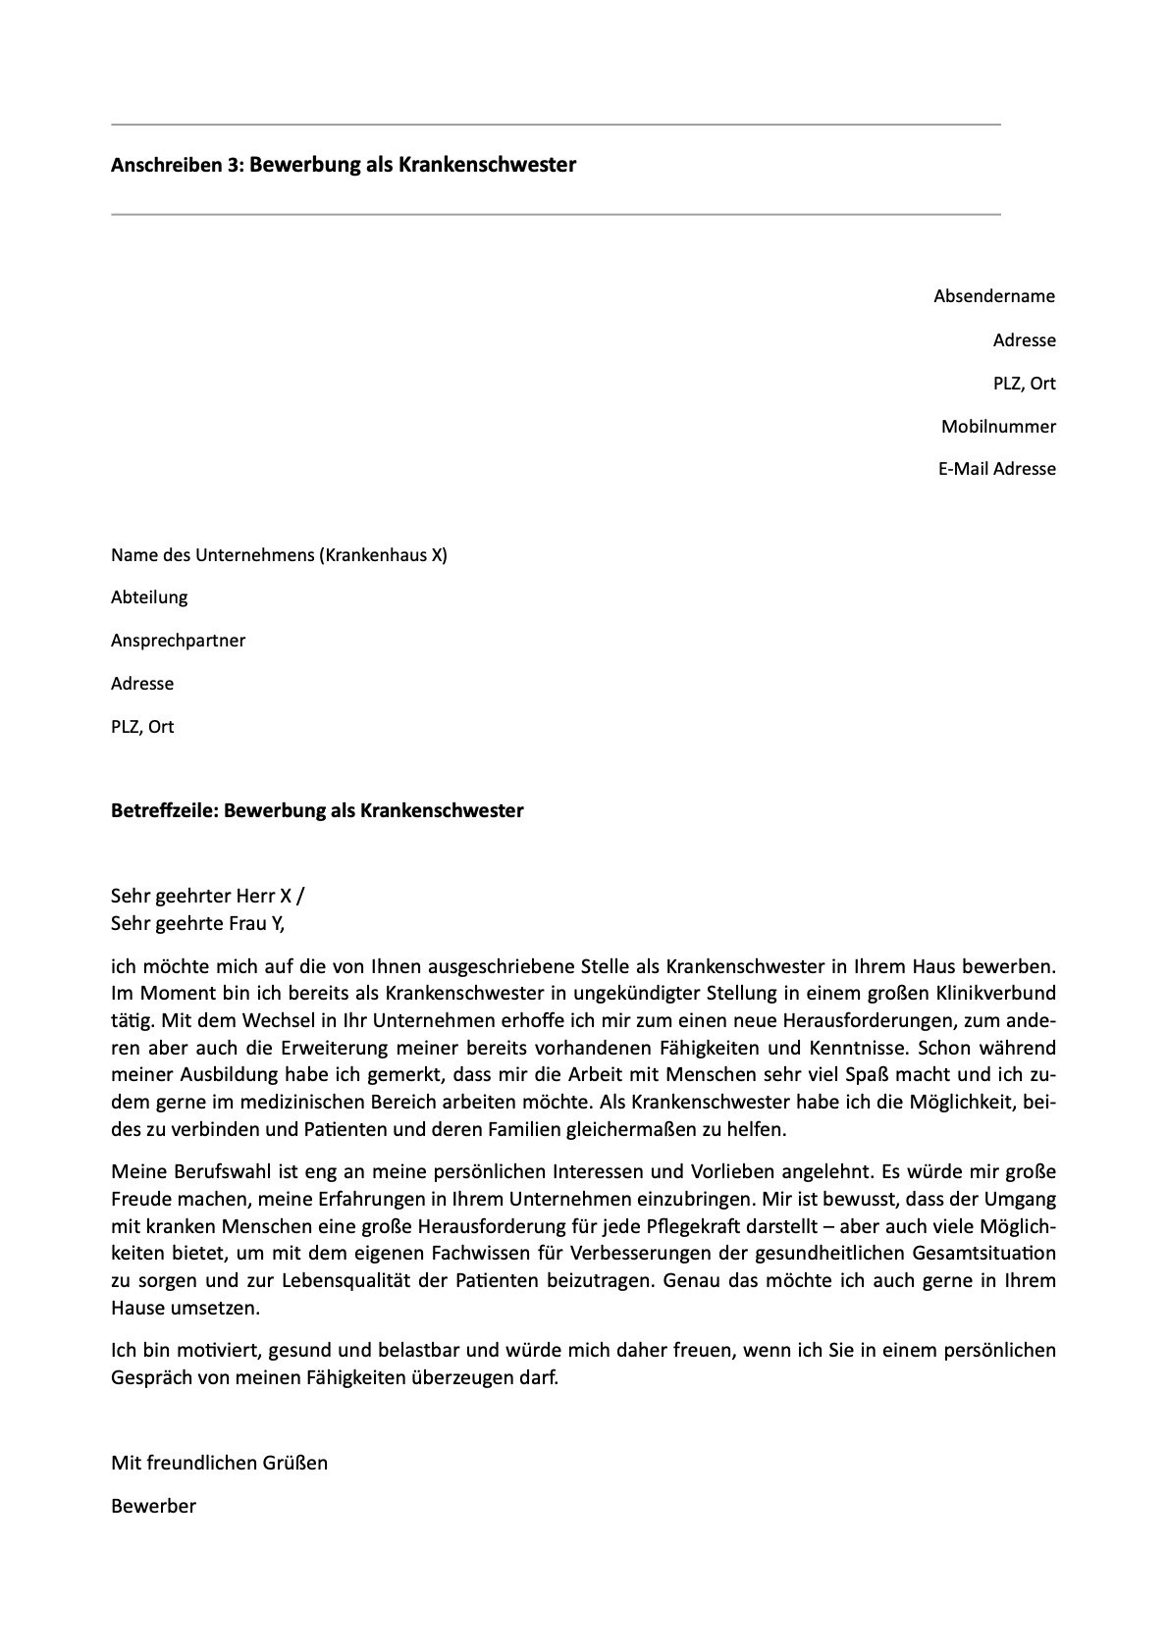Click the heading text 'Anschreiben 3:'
pos(177,166)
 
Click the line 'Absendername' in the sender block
pos(993,296)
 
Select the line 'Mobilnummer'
pos(998,426)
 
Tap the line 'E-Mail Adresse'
pos(996,469)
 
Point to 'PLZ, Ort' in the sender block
pos(1024,384)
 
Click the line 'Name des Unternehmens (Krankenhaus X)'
pos(279,555)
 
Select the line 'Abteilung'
pos(149,597)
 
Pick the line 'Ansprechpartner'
pos(178,641)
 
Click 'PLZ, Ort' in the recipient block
pos(142,727)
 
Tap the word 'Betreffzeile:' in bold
pos(165,811)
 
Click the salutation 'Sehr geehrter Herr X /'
pos(208,896)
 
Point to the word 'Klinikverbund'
pos(996,994)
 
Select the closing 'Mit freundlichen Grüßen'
pos(219,1463)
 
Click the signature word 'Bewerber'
pos(153,1506)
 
